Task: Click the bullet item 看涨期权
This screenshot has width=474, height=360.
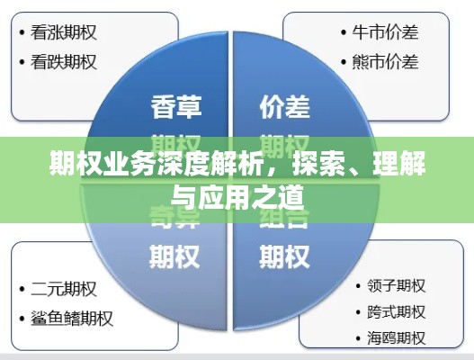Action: click(x=64, y=33)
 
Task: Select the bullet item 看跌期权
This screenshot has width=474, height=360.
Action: click(x=64, y=62)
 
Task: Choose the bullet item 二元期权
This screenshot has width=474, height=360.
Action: click(x=64, y=290)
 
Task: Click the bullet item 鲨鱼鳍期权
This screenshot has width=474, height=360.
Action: click(x=71, y=318)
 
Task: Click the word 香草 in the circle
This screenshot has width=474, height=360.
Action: click(x=176, y=108)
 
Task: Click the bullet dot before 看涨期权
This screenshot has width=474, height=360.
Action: click(x=22, y=34)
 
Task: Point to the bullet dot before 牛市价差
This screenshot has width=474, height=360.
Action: click(x=345, y=34)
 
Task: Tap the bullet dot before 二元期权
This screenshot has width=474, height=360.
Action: click(x=22, y=291)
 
